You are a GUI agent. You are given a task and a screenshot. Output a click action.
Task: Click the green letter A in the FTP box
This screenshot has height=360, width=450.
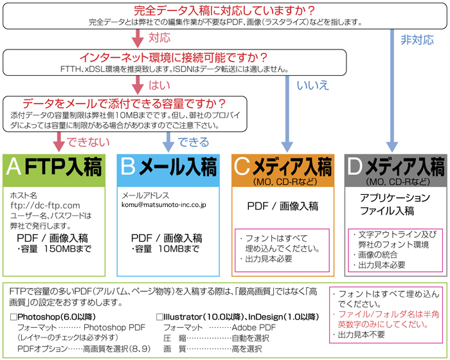pyautogui.click(x=14, y=169)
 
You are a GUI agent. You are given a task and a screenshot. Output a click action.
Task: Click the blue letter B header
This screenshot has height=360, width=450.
pyautogui.click(x=127, y=169)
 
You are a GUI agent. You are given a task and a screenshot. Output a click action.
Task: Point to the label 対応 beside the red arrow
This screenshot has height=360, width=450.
pyautogui.click(x=158, y=38)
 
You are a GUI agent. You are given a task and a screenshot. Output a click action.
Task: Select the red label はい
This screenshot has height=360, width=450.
pyautogui.click(x=158, y=85)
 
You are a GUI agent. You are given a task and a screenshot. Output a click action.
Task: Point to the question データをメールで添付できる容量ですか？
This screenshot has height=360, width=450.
pyautogui.click(x=124, y=103)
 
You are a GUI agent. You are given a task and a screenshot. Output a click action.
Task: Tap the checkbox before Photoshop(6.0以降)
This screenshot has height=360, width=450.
pyautogui.click(x=14, y=317)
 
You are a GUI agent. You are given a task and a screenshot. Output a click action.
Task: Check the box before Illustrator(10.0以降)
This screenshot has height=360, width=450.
pyautogui.click(x=160, y=317)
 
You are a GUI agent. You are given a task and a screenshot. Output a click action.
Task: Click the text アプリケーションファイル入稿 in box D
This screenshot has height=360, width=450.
pyautogui.click(x=395, y=204)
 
